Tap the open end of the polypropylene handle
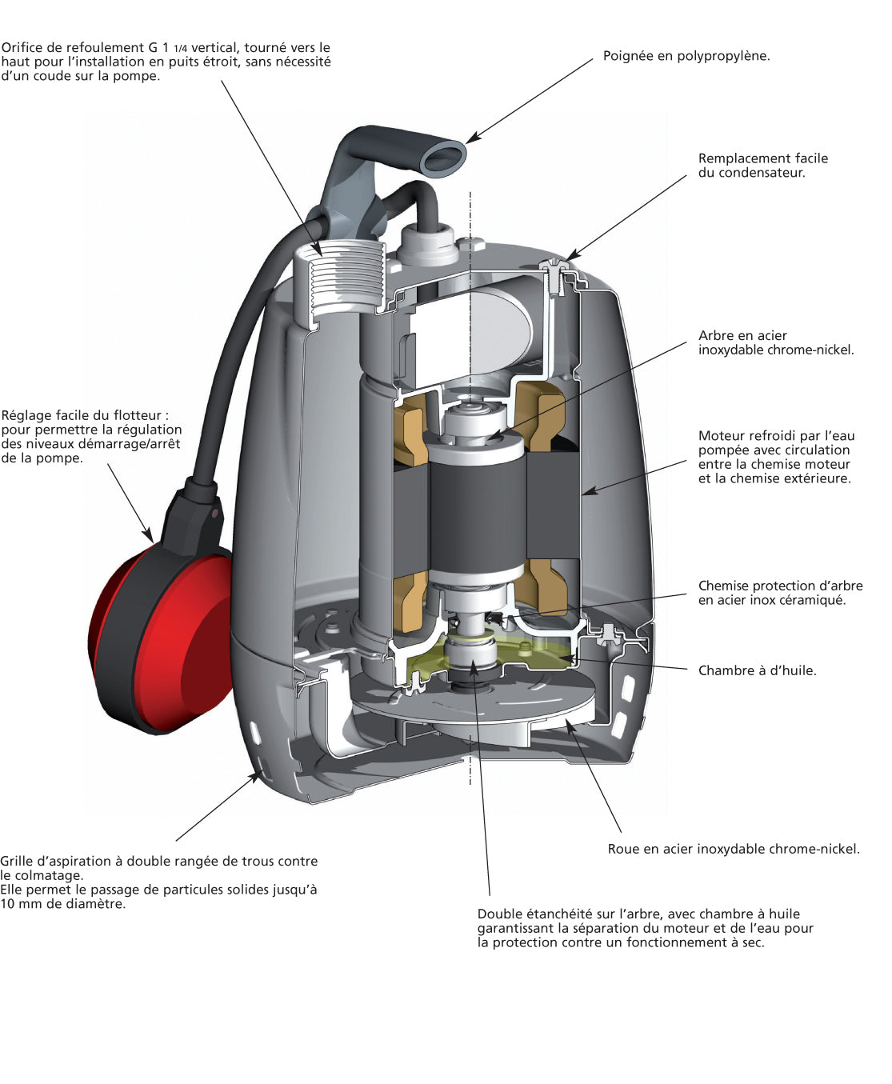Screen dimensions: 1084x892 tap(444, 157)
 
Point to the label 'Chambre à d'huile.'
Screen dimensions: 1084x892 tap(757, 670)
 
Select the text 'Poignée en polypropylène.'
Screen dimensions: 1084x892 tap(686, 56)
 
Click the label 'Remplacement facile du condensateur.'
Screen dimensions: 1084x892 tap(762, 166)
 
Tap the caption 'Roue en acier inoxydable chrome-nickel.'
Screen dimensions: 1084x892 tap(733, 849)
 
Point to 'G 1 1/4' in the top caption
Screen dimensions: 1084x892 tap(167, 48)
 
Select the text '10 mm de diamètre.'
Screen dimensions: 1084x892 tap(63, 904)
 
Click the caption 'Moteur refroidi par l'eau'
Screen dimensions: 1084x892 tap(776, 436)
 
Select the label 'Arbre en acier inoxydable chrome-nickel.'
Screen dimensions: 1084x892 tap(775, 342)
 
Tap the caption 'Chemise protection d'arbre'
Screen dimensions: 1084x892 tap(780, 586)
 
